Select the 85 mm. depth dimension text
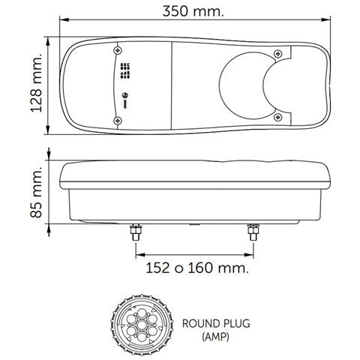coord(35,191)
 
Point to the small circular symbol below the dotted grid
coord(125,95)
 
